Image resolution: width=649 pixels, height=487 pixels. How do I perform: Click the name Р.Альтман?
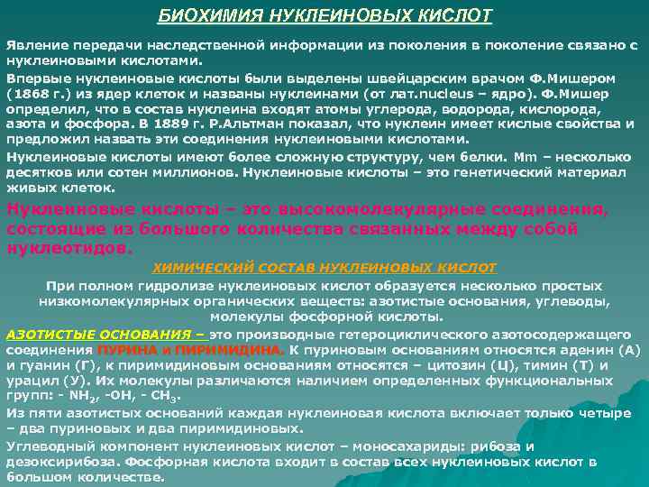pos(257,122)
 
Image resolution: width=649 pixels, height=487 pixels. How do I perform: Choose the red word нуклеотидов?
pos(69,243)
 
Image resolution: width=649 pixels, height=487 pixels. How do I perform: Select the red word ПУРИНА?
pos(125,349)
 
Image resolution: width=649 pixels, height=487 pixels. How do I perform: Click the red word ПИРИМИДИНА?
pos(226,349)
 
